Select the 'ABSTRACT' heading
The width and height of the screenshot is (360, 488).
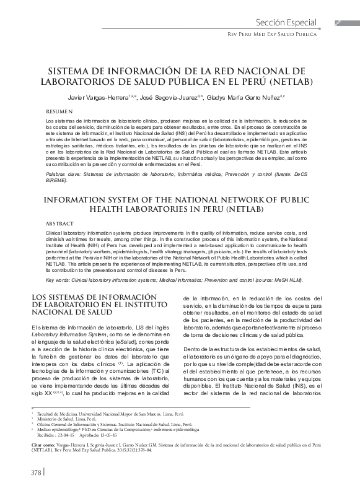click(x=61, y=222)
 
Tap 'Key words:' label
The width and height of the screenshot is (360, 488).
click(x=59, y=280)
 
